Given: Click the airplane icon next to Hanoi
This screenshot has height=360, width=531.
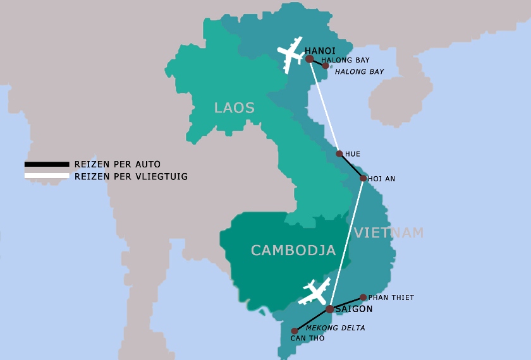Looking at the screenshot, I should tap(291, 54).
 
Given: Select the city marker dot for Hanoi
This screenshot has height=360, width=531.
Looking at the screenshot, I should tap(310, 59).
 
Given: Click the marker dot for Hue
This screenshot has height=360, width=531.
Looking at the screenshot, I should tap(339, 153).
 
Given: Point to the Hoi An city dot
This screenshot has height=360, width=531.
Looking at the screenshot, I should tap(363, 178).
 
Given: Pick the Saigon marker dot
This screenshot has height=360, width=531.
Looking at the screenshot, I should tap(329, 309).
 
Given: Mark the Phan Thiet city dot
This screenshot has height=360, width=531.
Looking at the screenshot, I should tap(363, 297).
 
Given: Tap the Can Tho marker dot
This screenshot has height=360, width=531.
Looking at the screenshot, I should tap(294, 331).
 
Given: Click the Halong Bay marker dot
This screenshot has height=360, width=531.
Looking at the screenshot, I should tap(326, 65).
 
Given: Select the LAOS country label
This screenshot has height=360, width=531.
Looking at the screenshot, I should tap(234, 108).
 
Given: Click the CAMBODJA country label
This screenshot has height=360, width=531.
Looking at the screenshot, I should tap(293, 251).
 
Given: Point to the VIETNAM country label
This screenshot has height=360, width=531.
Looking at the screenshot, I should tap(388, 233).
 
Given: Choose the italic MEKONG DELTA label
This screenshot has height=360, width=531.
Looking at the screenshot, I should tap(335, 328).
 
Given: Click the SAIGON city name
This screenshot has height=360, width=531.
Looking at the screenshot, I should tap(354, 309).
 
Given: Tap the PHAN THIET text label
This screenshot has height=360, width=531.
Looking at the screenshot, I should tap(391, 297).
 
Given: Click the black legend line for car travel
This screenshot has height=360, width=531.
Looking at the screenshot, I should tap(47, 164).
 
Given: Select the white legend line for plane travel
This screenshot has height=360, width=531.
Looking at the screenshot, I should tap(47, 176).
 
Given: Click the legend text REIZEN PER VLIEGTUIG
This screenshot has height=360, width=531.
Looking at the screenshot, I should tap(131, 176).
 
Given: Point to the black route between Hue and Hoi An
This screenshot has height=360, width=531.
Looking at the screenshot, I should tap(351, 166).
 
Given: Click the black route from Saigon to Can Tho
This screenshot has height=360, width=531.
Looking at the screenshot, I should tap(312, 320).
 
